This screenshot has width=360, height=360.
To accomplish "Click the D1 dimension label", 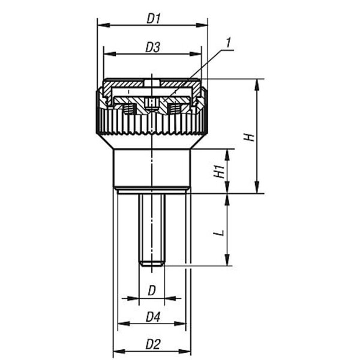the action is coord(154,19).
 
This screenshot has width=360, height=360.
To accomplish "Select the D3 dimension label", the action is coord(152,47).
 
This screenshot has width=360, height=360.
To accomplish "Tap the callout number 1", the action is coord(228,43).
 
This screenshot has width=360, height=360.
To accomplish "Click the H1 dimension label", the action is coord(219,171).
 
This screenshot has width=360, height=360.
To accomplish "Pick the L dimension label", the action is coord(219,233).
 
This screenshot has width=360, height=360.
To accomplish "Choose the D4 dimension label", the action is coord(153,317).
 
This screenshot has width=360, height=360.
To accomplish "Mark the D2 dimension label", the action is coord(153,344).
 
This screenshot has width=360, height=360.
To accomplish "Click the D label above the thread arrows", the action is coord(152,290).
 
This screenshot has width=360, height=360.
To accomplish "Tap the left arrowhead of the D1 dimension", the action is coord(103,25).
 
